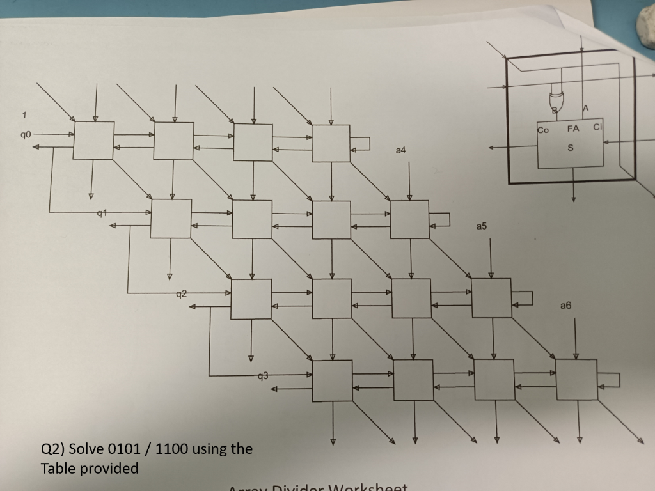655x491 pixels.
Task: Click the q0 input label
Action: click(x=25, y=135)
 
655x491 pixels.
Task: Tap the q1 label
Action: click(x=100, y=212)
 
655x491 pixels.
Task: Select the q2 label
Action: click(x=182, y=293)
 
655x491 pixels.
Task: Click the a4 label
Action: click(x=400, y=150)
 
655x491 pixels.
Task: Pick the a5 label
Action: click(x=482, y=226)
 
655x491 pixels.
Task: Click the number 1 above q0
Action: click(x=24, y=116)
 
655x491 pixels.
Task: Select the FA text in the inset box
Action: click(x=572, y=129)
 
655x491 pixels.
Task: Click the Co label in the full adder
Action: click(x=543, y=130)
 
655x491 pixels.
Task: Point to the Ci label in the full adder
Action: click(x=597, y=127)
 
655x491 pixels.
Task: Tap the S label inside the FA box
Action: click(x=571, y=148)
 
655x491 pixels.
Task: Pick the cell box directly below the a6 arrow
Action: click(x=576, y=378)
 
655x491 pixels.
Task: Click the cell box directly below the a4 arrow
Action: click(x=409, y=219)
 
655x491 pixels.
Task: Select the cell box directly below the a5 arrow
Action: click(x=491, y=298)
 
